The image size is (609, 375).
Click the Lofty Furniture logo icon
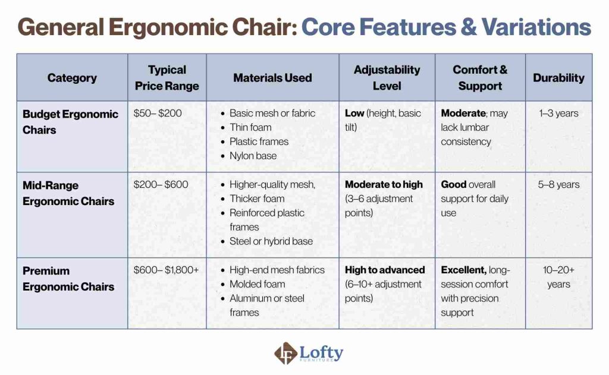(x=285, y=354)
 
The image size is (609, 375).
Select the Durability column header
(x=558, y=78)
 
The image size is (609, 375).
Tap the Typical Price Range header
(x=167, y=78)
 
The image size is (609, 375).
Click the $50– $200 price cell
(x=157, y=114)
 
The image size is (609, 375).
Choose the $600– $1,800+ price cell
(x=166, y=270)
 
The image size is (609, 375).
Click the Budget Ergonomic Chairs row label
(x=70, y=121)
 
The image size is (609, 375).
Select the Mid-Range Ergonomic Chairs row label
(x=68, y=193)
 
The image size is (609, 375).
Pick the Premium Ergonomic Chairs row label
(x=68, y=279)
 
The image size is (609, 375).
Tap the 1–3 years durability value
(x=558, y=114)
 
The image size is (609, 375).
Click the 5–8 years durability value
(x=558, y=185)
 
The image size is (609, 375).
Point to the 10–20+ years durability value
(x=558, y=277)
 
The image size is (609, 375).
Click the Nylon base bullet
(x=253, y=156)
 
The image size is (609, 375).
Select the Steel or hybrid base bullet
(x=271, y=241)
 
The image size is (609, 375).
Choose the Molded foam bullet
(x=257, y=285)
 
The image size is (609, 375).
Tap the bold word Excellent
(x=463, y=270)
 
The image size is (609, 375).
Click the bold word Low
(x=354, y=114)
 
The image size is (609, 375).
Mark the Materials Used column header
(x=272, y=78)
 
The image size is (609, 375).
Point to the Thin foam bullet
(x=250, y=128)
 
